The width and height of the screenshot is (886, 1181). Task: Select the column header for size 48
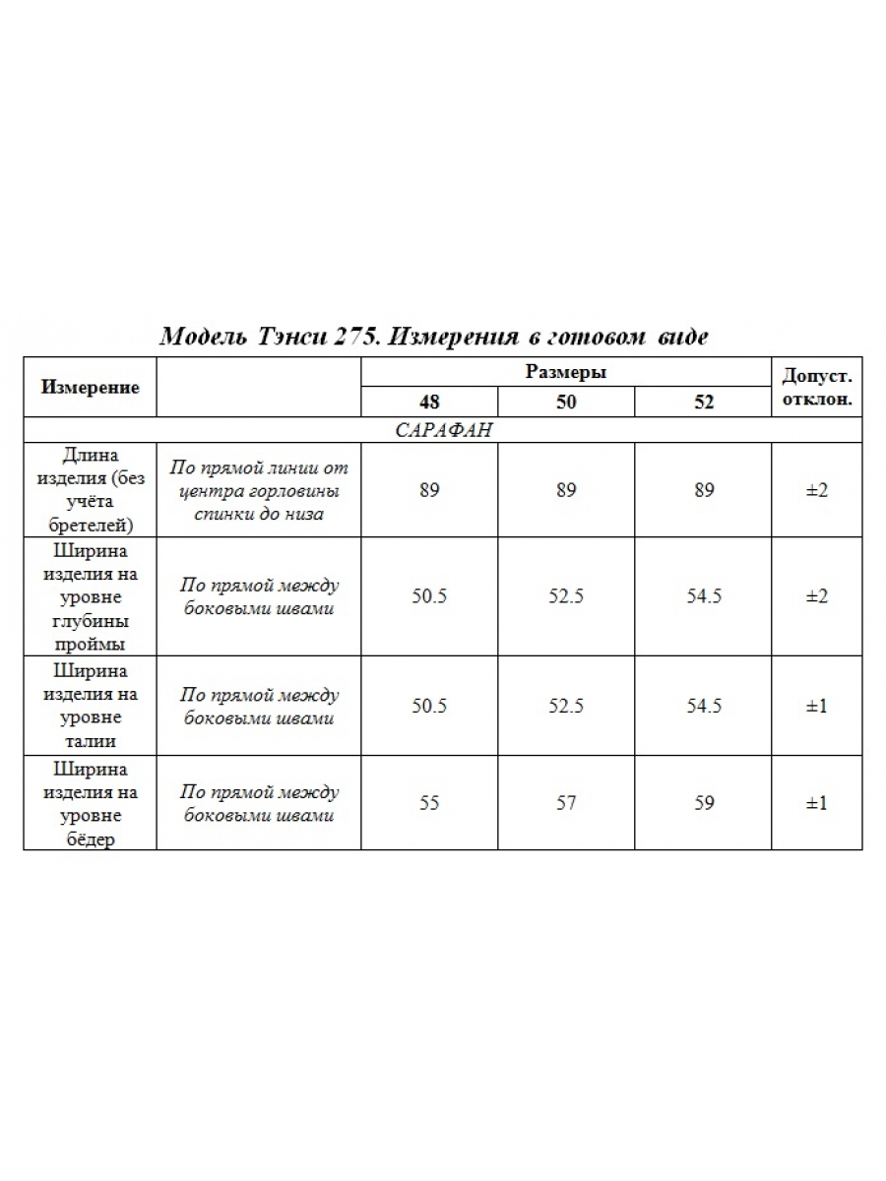coord(429,403)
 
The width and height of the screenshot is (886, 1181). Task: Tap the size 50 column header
coord(566,403)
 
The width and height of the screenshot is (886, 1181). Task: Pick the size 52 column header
coord(704,403)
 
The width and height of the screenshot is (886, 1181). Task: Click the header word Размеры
coord(566,372)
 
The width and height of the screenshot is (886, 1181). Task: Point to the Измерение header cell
coord(91,387)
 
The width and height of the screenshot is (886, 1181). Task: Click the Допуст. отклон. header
coord(816,388)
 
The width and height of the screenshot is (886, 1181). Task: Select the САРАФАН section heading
coord(443,431)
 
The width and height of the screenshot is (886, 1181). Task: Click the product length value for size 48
coord(429,490)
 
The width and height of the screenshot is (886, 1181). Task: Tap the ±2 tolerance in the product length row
coord(816,490)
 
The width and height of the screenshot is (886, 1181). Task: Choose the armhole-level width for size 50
coord(566,597)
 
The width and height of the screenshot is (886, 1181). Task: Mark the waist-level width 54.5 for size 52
coord(704,707)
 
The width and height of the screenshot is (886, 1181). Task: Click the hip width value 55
coord(429,803)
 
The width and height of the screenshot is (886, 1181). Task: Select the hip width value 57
coord(566,803)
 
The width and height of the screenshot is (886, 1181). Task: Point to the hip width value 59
coord(704,803)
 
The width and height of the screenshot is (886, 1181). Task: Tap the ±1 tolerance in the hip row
coord(816,803)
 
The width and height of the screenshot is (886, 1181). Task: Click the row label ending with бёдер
coord(91,804)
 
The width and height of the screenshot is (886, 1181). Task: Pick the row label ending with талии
coord(91,707)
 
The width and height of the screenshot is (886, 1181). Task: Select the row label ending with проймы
coord(91,597)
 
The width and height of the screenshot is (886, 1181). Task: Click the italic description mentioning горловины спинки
coord(259,490)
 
